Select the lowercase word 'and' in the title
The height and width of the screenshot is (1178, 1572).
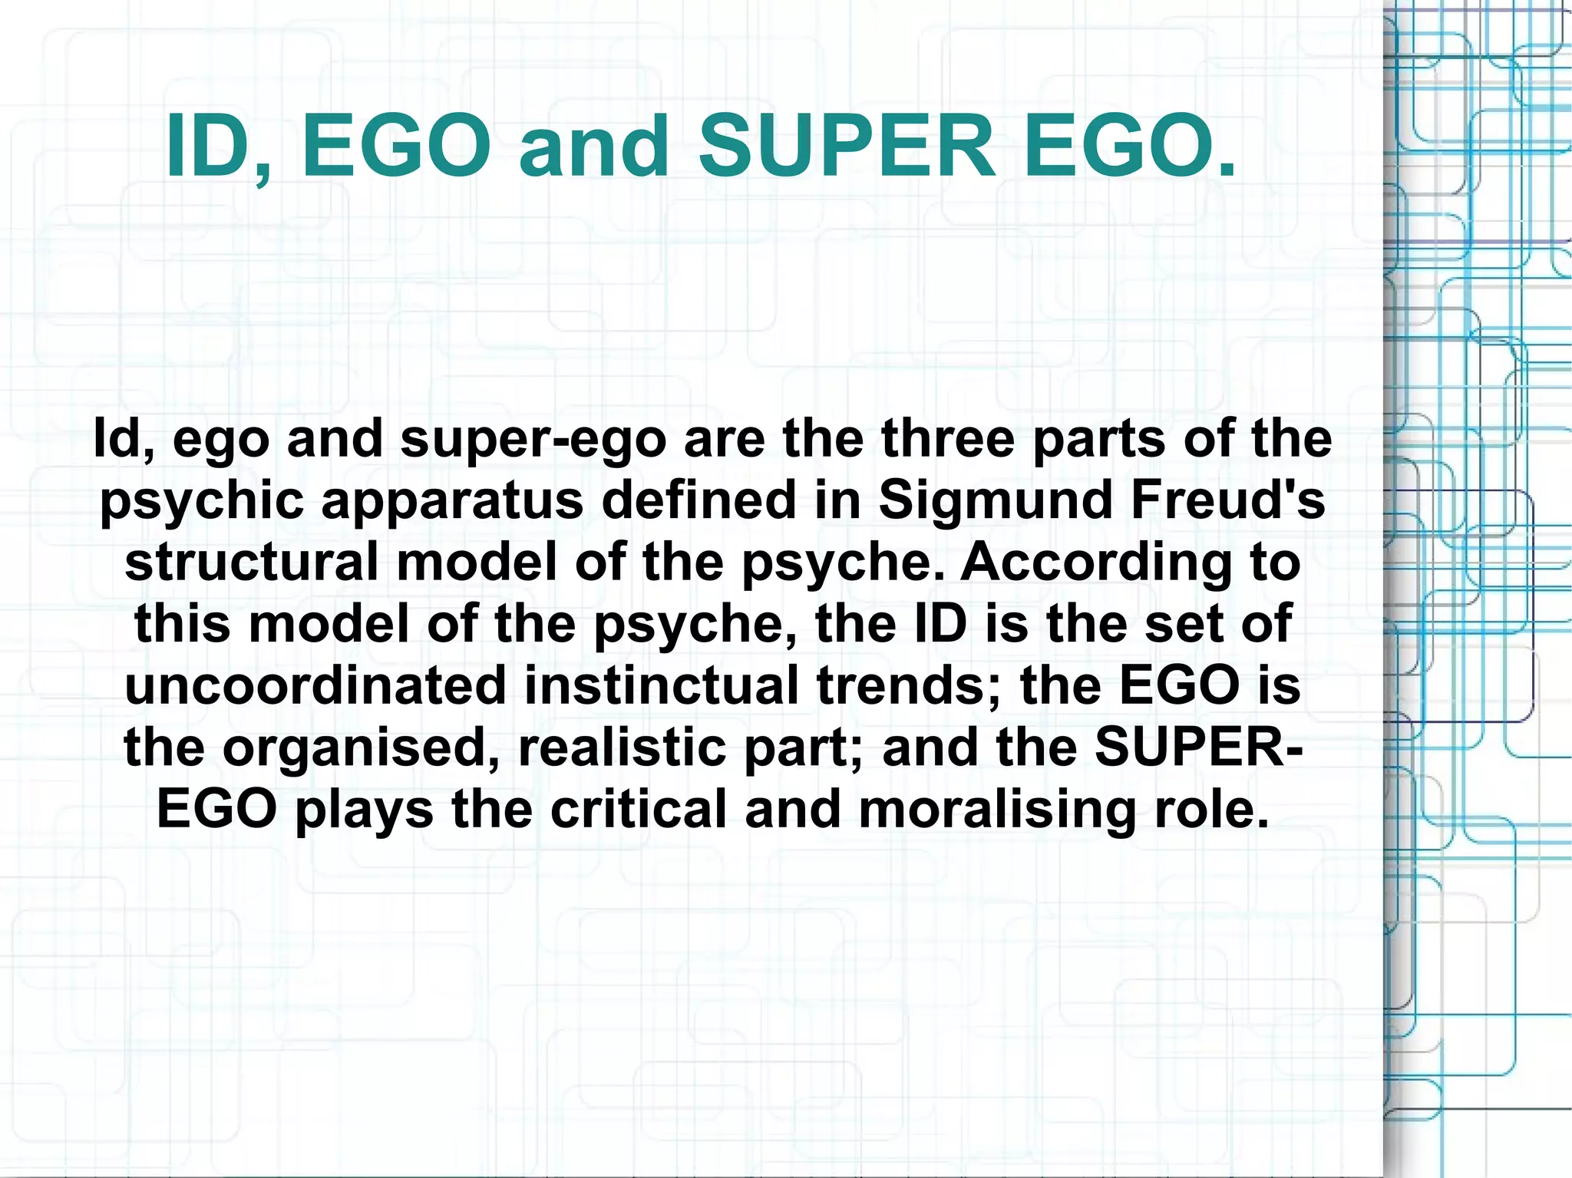click(593, 146)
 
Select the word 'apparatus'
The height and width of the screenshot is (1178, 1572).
click(452, 500)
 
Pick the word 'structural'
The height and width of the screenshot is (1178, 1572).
click(251, 561)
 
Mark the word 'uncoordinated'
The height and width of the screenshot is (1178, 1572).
click(315, 685)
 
